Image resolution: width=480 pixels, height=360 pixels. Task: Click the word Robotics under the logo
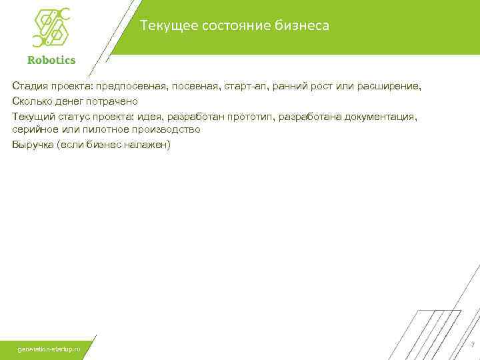[x=51, y=59]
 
